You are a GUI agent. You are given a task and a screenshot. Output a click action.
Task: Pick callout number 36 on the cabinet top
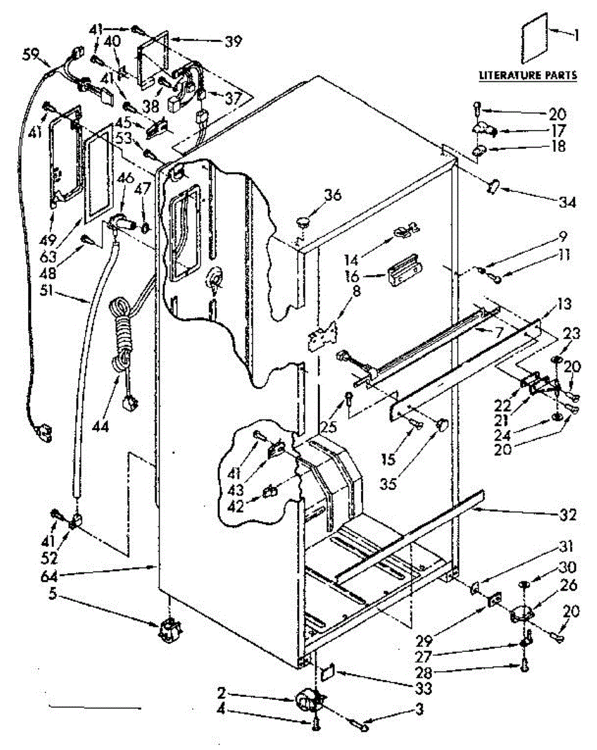(332, 195)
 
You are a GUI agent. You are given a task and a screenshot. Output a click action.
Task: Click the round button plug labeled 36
(304, 221)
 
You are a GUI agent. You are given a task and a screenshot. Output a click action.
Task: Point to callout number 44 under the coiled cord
(100, 426)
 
